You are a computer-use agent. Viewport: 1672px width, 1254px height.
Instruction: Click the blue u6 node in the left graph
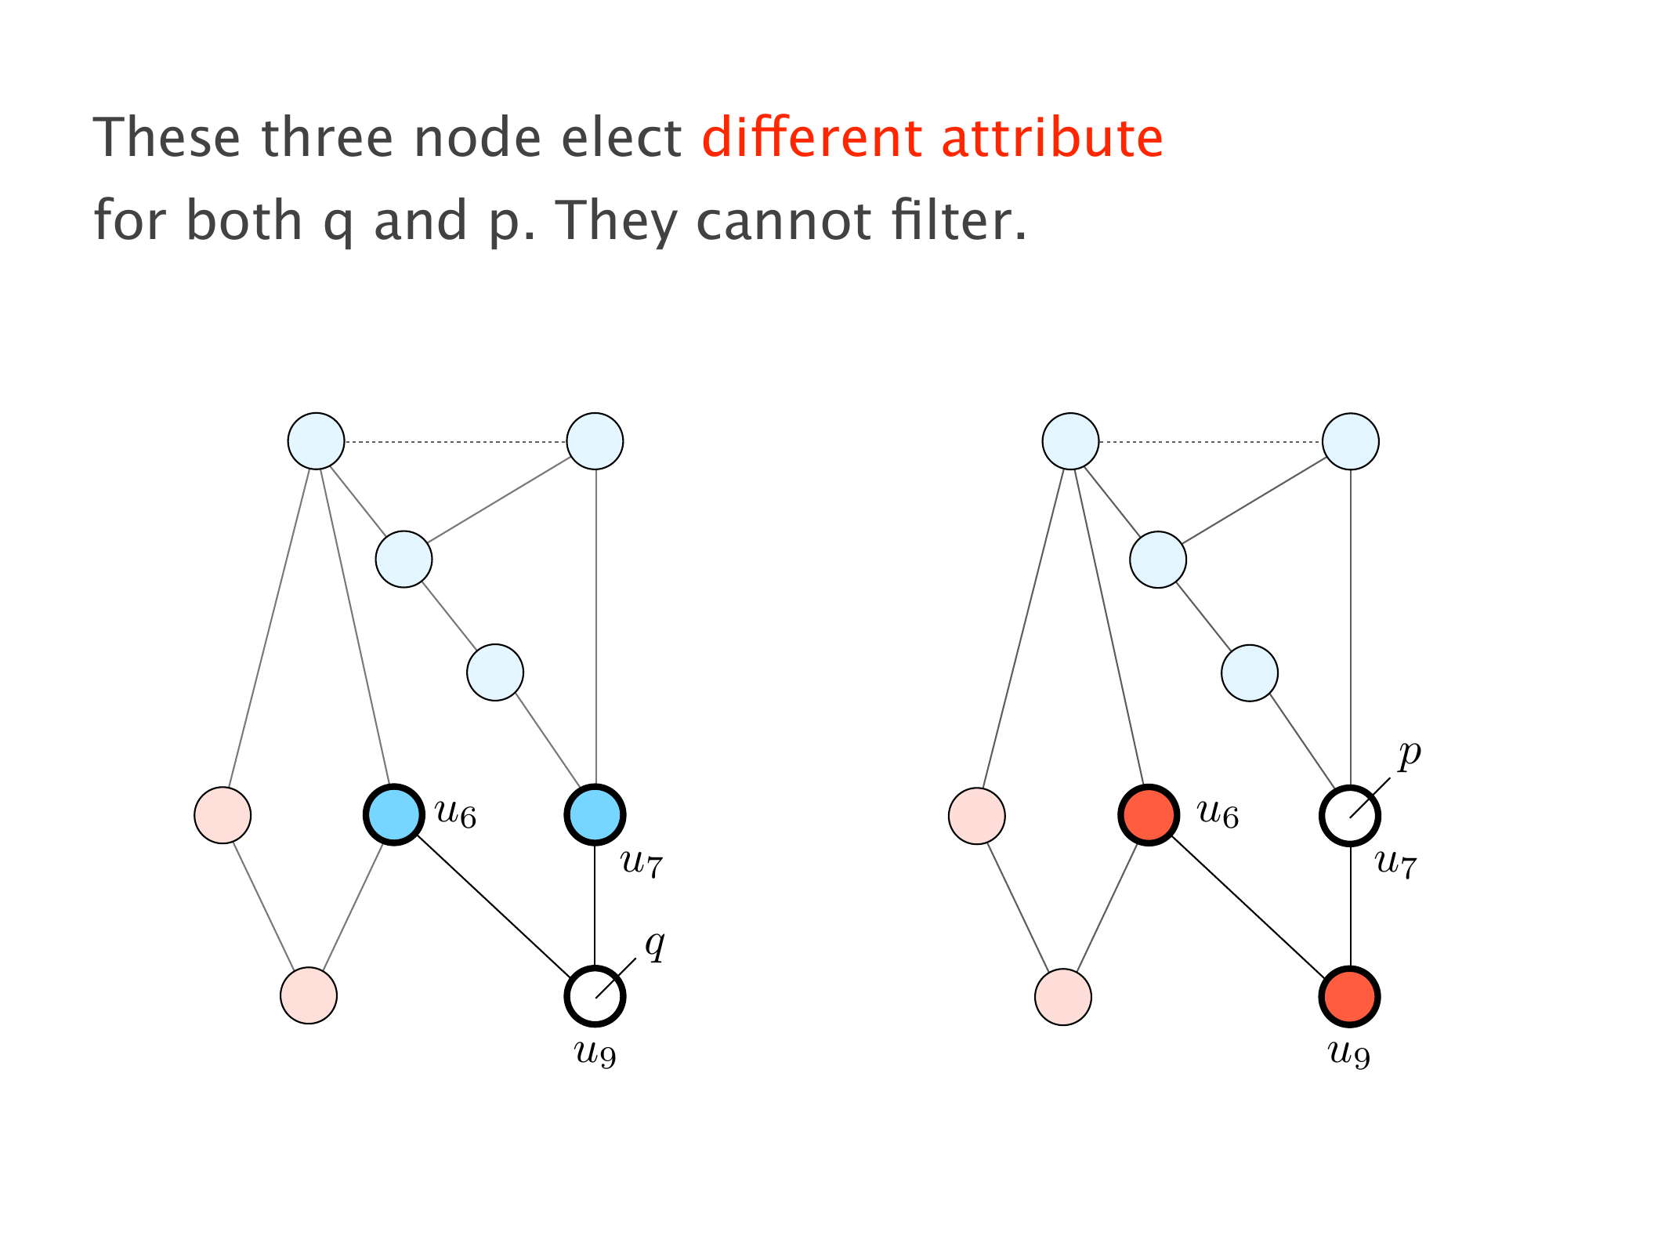pyautogui.click(x=394, y=815)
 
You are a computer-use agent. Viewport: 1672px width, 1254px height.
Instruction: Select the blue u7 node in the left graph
pyautogui.click(x=595, y=815)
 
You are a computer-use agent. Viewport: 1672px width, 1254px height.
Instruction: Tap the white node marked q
pyautogui.click(x=595, y=996)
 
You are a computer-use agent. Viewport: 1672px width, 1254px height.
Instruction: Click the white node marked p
pyautogui.click(x=1350, y=816)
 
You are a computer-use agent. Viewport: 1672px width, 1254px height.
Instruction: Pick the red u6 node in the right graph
pyautogui.click(x=1149, y=815)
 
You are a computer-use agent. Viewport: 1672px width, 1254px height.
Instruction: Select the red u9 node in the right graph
pyautogui.click(x=1350, y=997)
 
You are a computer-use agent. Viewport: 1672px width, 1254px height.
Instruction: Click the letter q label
pyautogui.click(x=655, y=944)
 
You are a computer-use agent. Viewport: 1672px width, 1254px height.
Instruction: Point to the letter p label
pyautogui.click(x=1410, y=754)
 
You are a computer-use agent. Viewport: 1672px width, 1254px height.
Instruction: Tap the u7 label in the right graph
pyautogui.click(x=1396, y=864)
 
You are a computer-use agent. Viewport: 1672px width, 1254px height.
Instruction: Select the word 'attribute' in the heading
pyautogui.click(x=1052, y=138)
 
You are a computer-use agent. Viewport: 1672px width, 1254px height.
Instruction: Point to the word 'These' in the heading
pyautogui.click(x=167, y=138)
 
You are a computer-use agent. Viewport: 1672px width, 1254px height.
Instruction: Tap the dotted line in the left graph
pyautogui.click(x=455, y=442)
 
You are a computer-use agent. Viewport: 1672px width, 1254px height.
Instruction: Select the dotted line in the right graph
pyautogui.click(x=1211, y=442)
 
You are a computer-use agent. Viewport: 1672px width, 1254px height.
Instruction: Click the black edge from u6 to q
pyautogui.click(x=494, y=906)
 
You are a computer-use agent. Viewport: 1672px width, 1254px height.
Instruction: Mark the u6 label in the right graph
pyautogui.click(x=1218, y=815)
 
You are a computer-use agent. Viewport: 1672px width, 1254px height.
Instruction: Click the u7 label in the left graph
pyautogui.click(x=642, y=864)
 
